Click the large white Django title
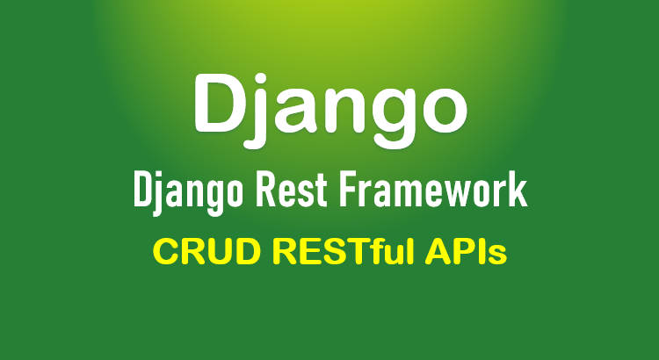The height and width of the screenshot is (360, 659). (330, 110)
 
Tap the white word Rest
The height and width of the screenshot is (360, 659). (292, 191)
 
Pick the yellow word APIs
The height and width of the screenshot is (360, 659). (466, 252)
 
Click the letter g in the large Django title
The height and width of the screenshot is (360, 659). (386, 119)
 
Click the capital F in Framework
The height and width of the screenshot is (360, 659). (349, 191)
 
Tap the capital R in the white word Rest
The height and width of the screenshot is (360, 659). (267, 191)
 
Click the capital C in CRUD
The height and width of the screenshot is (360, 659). (166, 252)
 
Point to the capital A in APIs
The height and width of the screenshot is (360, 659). (438, 252)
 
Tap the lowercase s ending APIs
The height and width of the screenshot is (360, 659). (498, 256)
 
